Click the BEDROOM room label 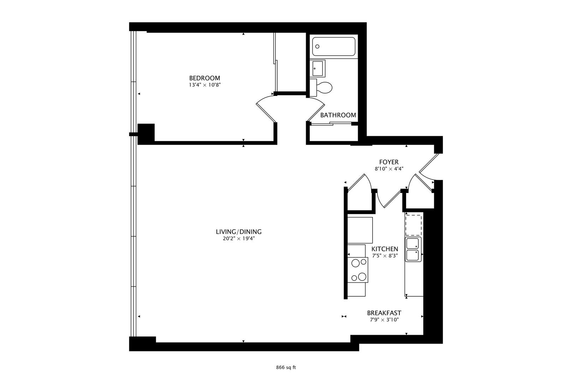pyautogui.click(x=204, y=78)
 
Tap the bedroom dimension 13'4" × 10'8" pyautogui.click(x=204, y=85)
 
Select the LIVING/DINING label pyautogui.click(x=239, y=232)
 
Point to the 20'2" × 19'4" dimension pyautogui.click(x=239, y=239)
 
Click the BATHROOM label pyautogui.click(x=338, y=115)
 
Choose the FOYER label pyautogui.click(x=389, y=162)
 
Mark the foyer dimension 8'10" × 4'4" pyautogui.click(x=389, y=169)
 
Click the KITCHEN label pyautogui.click(x=385, y=249)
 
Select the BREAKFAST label pyautogui.click(x=384, y=313)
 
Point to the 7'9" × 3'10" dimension pyautogui.click(x=384, y=320)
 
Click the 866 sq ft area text pyautogui.click(x=286, y=368)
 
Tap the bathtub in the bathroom pyautogui.click(x=334, y=47)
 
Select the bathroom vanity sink pyautogui.click(x=317, y=68)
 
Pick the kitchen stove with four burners pyautogui.click(x=358, y=270)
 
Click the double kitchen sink pyautogui.click(x=413, y=249)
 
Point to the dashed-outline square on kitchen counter pyautogui.click(x=413, y=225)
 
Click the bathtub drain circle pyautogui.click(x=317, y=47)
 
